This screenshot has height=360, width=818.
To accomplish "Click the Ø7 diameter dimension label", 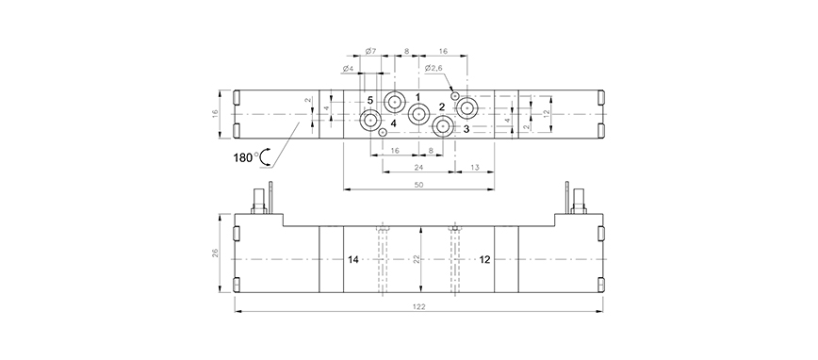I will [371, 51].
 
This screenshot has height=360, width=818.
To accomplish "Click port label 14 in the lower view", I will [353, 259].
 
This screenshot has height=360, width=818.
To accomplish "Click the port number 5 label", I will [370, 100].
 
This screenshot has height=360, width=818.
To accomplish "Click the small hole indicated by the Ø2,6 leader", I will [455, 95].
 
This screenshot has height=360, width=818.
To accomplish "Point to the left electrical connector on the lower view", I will [262, 202].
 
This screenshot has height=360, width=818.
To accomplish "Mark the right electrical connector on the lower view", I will [574, 202].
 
